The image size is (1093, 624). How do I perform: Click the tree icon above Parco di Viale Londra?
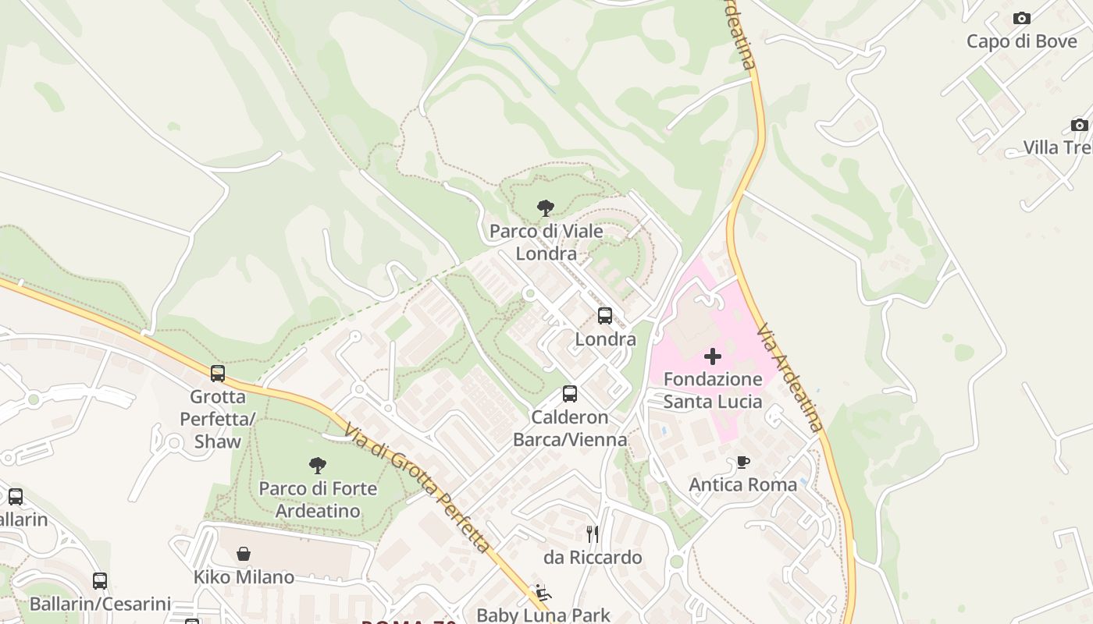pyautogui.click(x=546, y=208)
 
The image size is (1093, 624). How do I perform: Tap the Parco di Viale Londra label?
pyautogui.click(x=546, y=243)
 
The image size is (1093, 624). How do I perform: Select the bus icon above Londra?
pyautogui.click(x=605, y=316)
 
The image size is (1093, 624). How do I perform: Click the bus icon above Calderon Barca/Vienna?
pyautogui.click(x=570, y=394)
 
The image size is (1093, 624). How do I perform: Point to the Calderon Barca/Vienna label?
pyautogui.click(x=570, y=428)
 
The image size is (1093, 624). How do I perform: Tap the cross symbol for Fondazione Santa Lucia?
pyautogui.click(x=713, y=357)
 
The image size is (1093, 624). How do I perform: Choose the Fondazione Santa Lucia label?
pyautogui.click(x=713, y=390)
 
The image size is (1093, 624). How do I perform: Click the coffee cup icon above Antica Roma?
pyautogui.click(x=743, y=462)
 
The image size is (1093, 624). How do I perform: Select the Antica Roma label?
pyautogui.click(x=743, y=484)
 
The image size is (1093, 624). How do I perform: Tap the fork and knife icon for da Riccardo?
pyautogui.click(x=593, y=534)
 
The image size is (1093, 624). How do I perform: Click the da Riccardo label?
pyautogui.click(x=593, y=557)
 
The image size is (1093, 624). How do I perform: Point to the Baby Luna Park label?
pyautogui.click(x=543, y=615)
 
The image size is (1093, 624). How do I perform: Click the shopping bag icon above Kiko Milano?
pyautogui.click(x=244, y=554)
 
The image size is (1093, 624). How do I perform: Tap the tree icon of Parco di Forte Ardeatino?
pyautogui.click(x=318, y=466)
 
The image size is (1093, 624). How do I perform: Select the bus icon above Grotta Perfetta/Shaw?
pyautogui.click(x=218, y=374)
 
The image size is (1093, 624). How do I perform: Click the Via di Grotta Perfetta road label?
pyautogui.click(x=418, y=488)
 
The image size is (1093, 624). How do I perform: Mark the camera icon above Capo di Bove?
pyautogui.click(x=1021, y=18)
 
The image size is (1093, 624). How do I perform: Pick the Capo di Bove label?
pyautogui.click(x=1021, y=41)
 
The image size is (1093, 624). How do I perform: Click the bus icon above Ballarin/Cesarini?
pyautogui.click(x=100, y=581)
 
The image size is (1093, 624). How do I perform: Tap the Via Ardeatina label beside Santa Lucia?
pyautogui.click(x=789, y=378)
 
